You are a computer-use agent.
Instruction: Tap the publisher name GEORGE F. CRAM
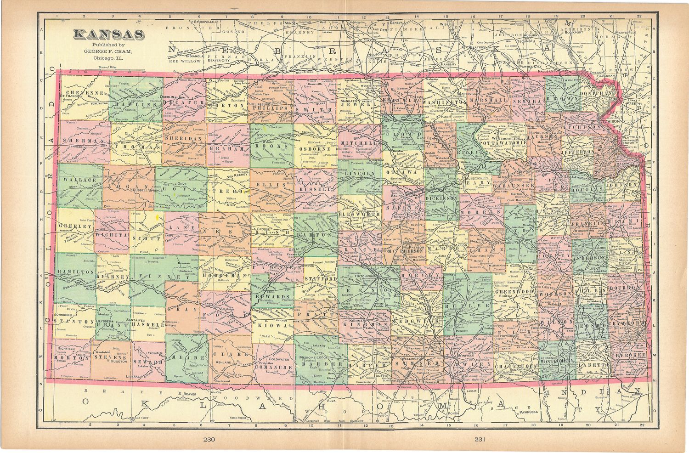(108, 51)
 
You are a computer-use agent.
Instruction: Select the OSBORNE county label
(312, 149)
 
